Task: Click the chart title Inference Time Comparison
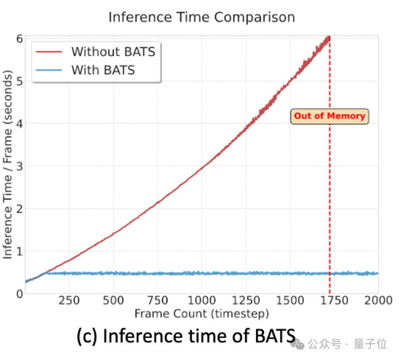[202, 18]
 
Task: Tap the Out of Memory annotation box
[330, 117]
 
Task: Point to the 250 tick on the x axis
[69, 301]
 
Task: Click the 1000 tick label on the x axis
[202, 301]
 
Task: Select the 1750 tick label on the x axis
[334, 301]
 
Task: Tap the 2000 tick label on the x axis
[378, 301]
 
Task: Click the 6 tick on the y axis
[20, 39]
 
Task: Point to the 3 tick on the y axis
[20, 167]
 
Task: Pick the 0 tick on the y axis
[20, 294]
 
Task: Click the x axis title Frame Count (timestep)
[202, 314]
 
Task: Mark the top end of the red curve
[329, 37]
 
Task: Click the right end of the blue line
[378, 273]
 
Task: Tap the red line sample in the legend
[49, 52]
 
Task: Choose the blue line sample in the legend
[49, 70]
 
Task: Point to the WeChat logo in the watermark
[297, 344]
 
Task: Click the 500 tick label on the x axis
[114, 301]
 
